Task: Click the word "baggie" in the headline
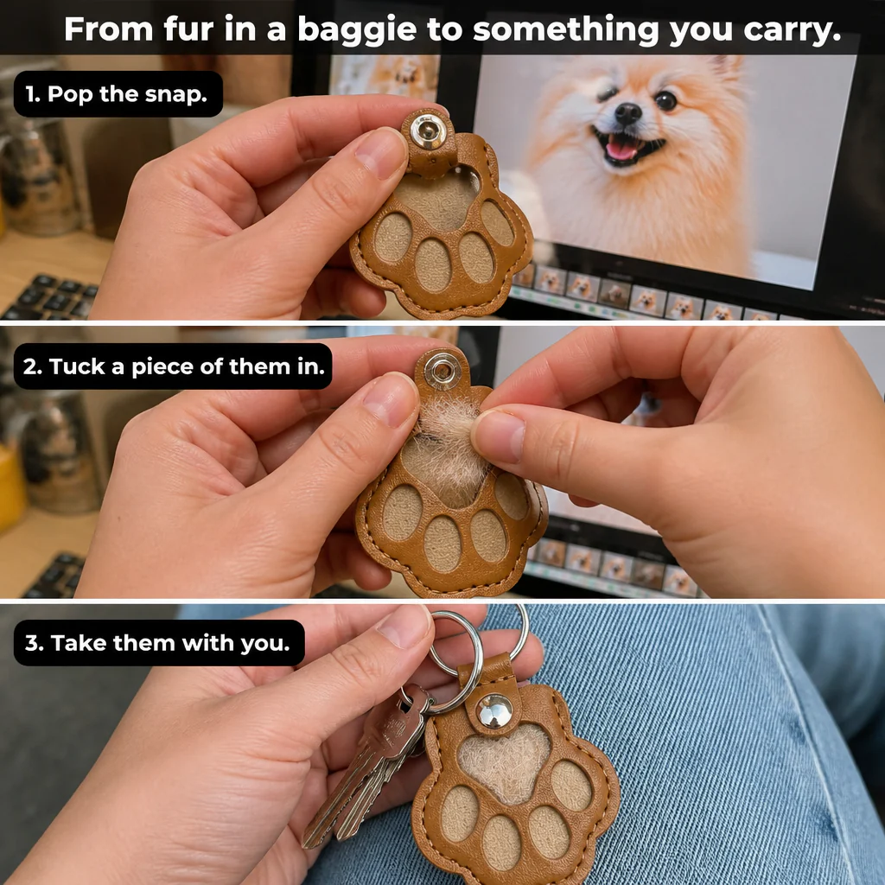coord(357,30)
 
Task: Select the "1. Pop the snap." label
coord(118,94)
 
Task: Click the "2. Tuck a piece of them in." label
coord(173,366)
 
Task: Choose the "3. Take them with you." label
coord(159,643)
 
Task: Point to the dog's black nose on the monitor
coord(627,113)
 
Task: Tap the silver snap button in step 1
coord(428,131)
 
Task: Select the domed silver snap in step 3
coord(494,710)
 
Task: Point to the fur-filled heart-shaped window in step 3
coord(505,763)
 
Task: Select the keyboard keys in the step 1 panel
coord(51,297)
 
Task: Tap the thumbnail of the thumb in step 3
coord(404,627)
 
